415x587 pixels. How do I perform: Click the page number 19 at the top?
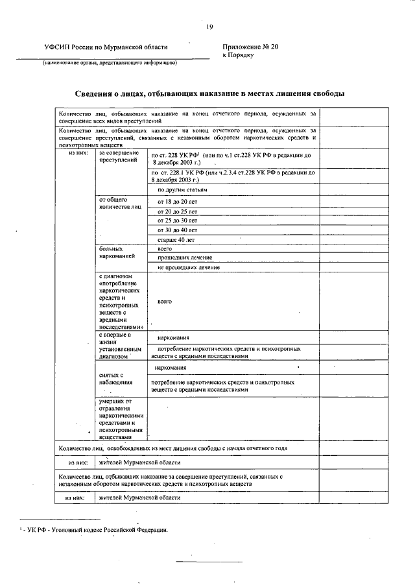[209, 27]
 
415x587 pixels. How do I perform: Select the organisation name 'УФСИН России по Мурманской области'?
[105, 47]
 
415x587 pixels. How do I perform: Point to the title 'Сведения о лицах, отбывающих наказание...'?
[207, 94]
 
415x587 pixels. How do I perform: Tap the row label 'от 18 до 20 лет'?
[177, 202]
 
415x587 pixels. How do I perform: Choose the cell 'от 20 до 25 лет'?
[177, 211]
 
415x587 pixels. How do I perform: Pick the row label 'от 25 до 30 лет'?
[177, 221]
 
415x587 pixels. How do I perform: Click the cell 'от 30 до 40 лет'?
[177, 230]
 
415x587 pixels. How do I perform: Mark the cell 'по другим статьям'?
[182, 190]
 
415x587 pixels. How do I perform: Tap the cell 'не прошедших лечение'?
[189, 267]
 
